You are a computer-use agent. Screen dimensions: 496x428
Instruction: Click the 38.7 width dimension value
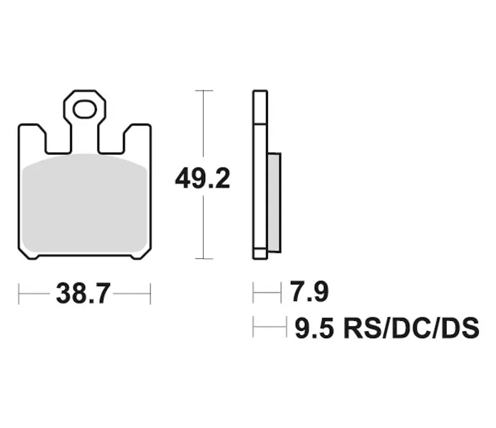[x=83, y=293]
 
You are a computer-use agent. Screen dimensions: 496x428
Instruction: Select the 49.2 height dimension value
[x=202, y=179]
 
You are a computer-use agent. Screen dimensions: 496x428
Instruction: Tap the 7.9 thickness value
[x=309, y=291]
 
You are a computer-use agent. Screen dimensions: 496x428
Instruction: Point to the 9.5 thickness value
[x=314, y=328]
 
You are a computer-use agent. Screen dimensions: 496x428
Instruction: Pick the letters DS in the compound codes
[x=460, y=328]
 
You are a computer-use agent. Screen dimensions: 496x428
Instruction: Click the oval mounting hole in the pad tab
[x=85, y=110]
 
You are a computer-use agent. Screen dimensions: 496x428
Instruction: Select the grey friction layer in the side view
[x=274, y=203]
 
